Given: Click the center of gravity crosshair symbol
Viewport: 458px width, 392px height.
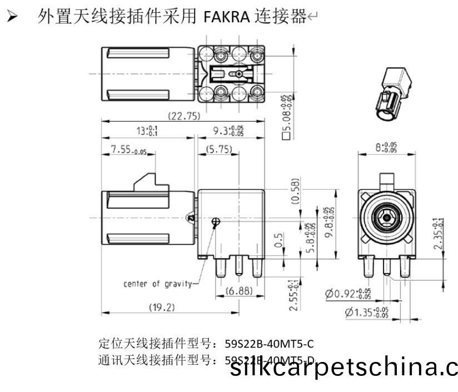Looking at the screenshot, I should coord(216,222).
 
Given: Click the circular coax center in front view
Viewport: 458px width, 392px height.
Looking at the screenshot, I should coord(385,217).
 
